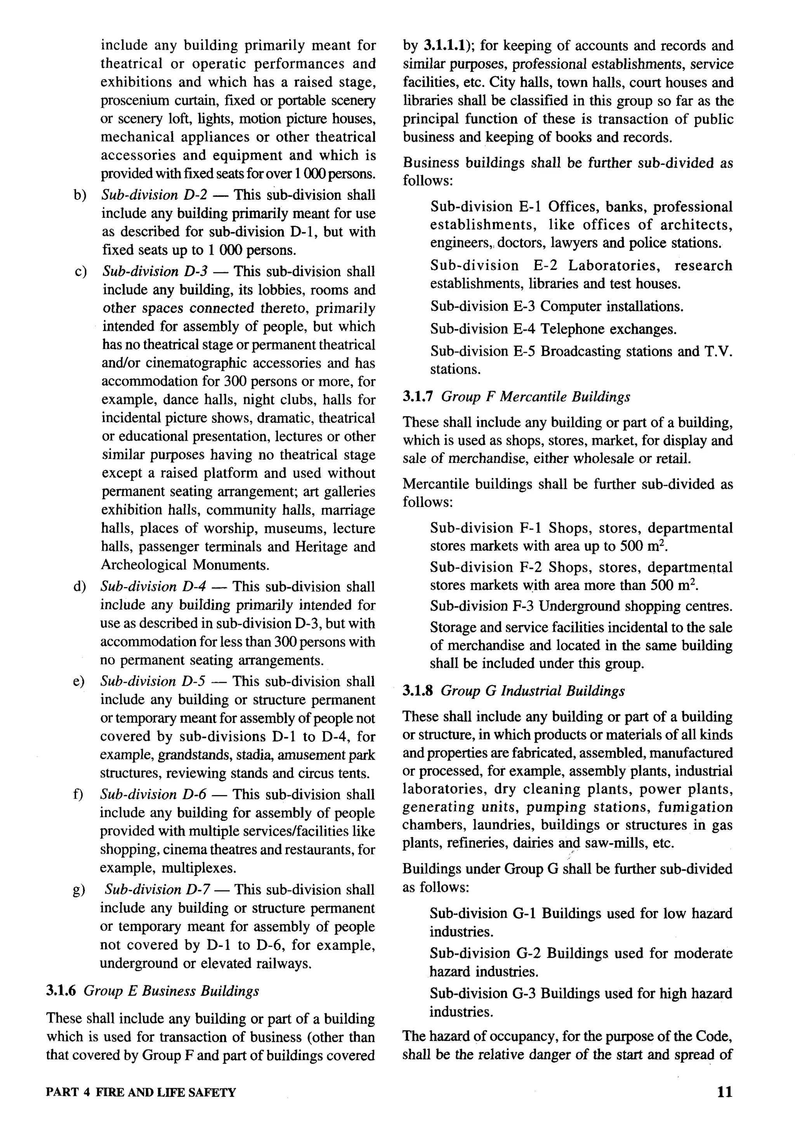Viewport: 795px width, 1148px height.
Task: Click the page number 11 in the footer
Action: pos(725,1092)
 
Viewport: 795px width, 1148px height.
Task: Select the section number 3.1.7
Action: pos(417,397)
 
